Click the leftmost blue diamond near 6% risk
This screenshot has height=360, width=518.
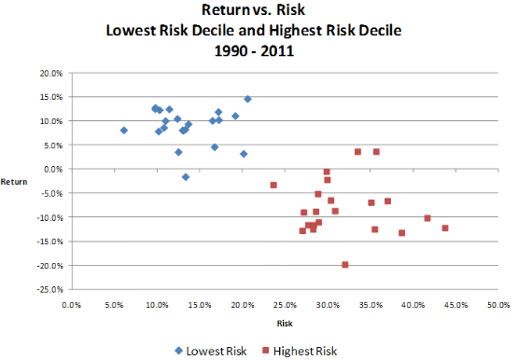124,131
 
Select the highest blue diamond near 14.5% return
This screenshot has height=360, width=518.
248,99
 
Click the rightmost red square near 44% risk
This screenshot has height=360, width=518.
445,228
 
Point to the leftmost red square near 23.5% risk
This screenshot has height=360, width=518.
273,185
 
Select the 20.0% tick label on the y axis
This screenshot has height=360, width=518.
49,73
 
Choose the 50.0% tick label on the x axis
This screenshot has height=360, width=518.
498,304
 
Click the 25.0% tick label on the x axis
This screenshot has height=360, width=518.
285,304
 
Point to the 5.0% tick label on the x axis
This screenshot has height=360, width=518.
114,304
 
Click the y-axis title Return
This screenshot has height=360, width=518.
16,181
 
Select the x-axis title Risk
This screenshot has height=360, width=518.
285,323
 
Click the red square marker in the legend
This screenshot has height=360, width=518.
267,351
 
